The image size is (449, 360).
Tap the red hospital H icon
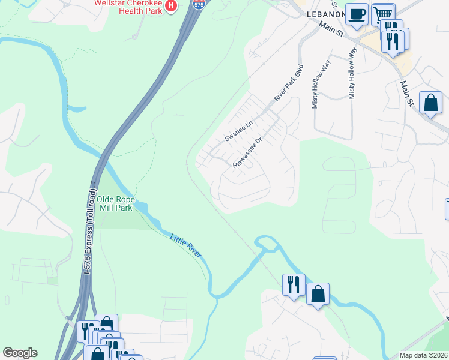pyautogui.click(x=172, y=6)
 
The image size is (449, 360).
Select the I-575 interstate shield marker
pyautogui.click(x=199, y=4)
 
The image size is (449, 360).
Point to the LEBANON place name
pyautogui.click(x=326, y=14)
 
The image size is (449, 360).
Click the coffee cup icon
pyautogui.click(x=357, y=14)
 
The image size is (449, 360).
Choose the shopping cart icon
pyautogui.click(x=382, y=13)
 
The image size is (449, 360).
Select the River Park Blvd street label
pyautogui.click(x=289, y=82)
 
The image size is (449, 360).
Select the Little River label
pyautogui.click(x=186, y=247)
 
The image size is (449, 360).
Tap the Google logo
pyautogui.click(x=20, y=353)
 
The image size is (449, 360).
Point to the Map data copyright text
pyautogui.click(x=423, y=355)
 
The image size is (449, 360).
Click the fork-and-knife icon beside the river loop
pyautogui.click(x=294, y=284)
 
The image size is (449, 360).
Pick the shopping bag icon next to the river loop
pyautogui.click(x=318, y=294)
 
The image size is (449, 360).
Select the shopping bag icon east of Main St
pyautogui.click(x=431, y=103)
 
